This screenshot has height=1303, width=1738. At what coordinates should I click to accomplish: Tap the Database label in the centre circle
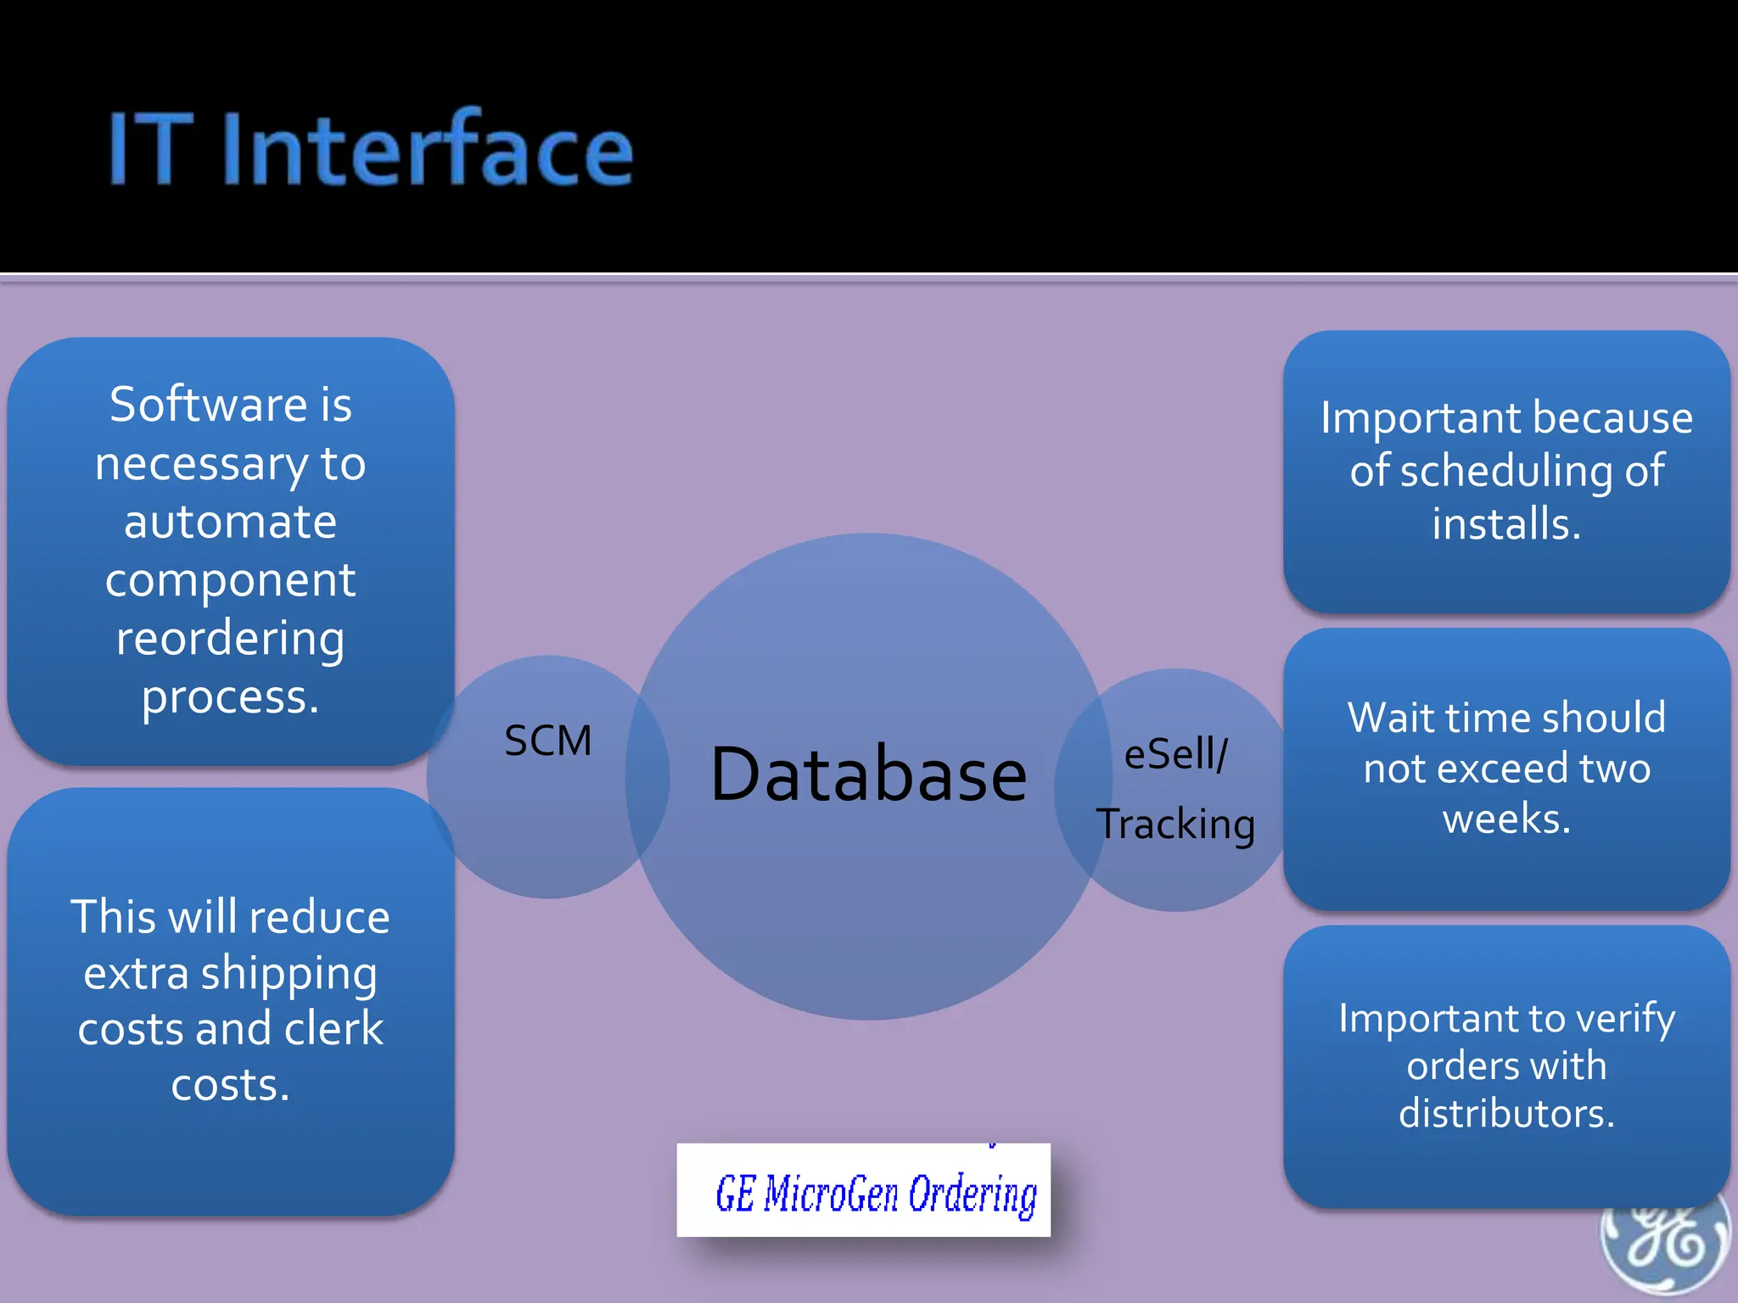click(x=868, y=774)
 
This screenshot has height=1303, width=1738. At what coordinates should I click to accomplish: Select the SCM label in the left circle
click(x=547, y=741)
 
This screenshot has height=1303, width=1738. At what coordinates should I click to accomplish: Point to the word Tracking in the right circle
click(x=1175, y=825)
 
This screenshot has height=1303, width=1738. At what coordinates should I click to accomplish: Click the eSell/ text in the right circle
click(x=1175, y=754)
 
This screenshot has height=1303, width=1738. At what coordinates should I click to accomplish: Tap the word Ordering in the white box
click(x=973, y=1194)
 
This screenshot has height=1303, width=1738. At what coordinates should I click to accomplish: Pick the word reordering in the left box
click(x=230, y=638)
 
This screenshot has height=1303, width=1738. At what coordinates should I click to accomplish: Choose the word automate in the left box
click(x=230, y=522)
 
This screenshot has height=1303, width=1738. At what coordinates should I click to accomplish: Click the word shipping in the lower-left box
click(x=289, y=974)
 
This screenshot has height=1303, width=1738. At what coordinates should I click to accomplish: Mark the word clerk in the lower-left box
click(x=334, y=1029)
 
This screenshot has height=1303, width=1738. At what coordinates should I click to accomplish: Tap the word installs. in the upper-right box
click(x=1506, y=523)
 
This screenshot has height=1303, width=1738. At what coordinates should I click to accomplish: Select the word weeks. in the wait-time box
click(x=1506, y=819)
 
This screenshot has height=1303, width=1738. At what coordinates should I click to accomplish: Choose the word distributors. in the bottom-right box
click(x=1506, y=1113)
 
